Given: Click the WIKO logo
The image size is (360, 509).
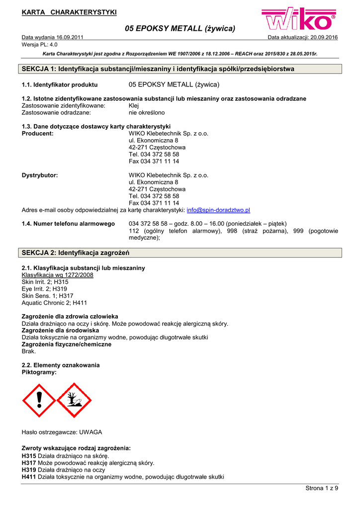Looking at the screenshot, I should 300,21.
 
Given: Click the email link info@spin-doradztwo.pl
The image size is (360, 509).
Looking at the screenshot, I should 218,210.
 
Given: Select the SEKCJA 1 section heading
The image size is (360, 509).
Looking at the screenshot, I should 158,69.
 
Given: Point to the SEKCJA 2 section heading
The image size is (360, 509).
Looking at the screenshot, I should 76,253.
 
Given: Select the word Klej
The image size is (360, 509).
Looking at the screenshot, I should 134,106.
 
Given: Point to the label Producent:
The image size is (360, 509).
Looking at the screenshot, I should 38,134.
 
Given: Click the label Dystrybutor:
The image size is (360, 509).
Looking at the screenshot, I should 40,175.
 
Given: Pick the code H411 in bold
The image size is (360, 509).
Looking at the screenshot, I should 29,477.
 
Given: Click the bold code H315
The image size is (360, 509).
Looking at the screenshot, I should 29,456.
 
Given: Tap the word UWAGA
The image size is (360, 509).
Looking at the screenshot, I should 90,432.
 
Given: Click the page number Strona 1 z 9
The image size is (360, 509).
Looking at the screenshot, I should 321,488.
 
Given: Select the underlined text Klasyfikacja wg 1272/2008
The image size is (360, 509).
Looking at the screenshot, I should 57,275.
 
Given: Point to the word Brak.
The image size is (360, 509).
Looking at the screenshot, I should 29,351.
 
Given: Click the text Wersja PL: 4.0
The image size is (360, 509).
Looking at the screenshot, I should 40,44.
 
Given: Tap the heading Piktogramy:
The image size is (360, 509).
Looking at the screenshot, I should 39,372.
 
